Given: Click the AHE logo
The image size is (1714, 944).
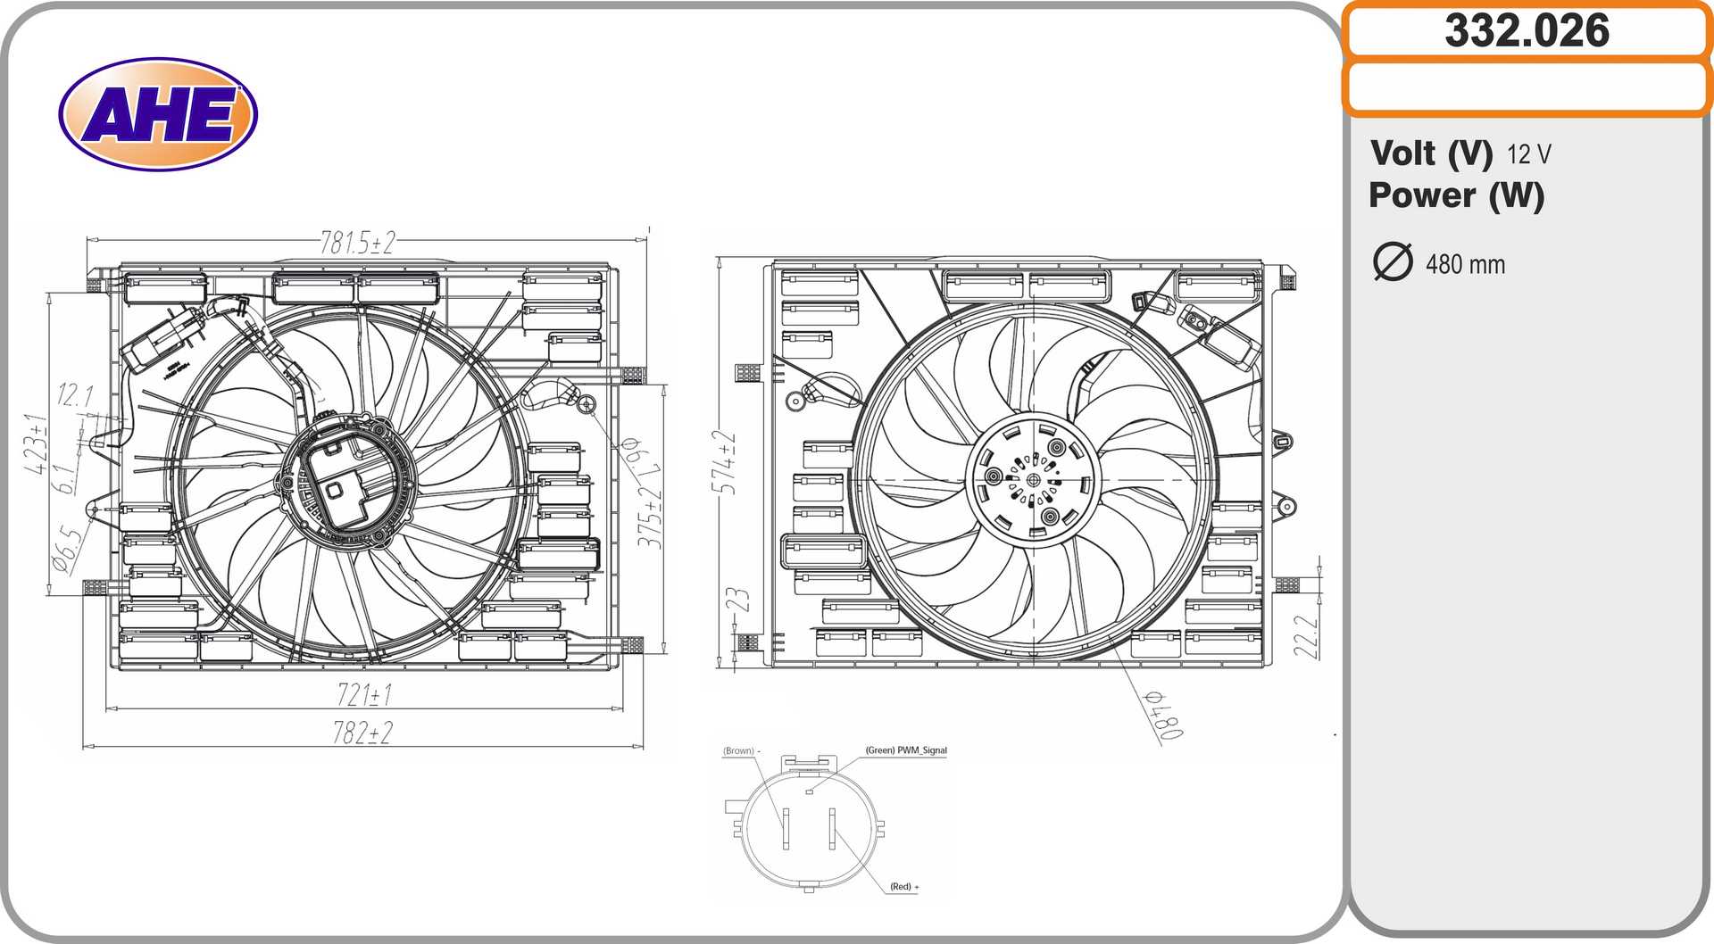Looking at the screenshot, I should pyautogui.click(x=158, y=114).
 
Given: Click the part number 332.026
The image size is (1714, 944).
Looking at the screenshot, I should pyautogui.click(x=1527, y=31).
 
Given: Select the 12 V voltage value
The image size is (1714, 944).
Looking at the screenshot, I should pyautogui.click(x=1529, y=154).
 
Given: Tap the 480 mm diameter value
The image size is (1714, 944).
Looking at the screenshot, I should pyautogui.click(x=1465, y=264).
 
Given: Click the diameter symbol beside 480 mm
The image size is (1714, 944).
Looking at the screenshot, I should pyautogui.click(x=1393, y=262).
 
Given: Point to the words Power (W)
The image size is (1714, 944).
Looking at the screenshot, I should pyautogui.click(x=1456, y=195).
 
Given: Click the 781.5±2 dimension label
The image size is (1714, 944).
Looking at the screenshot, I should pyautogui.click(x=358, y=243).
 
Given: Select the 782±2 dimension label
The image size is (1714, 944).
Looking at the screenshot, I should pyautogui.click(x=362, y=733).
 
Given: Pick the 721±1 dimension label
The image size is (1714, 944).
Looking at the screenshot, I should pyautogui.click(x=364, y=694).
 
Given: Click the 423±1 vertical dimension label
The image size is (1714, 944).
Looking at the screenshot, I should pyautogui.click(x=37, y=443).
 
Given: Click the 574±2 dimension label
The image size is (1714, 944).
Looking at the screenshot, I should pyautogui.click(x=725, y=462).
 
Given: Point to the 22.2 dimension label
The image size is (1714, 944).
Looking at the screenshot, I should pyautogui.click(x=1306, y=636).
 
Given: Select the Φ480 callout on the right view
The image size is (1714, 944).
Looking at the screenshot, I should pyautogui.click(x=1165, y=715).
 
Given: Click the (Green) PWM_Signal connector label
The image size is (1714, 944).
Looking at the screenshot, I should pyautogui.click(x=905, y=750).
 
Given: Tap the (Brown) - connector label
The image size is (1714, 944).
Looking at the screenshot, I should pyautogui.click(x=741, y=751).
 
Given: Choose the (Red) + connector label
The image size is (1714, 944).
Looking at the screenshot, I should pyautogui.click(x=903, y=886).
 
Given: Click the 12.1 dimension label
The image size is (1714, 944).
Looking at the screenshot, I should pyautogui.click(x=75, y=394).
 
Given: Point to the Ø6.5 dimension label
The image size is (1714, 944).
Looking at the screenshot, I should pyautogui.click(x=67, y=548).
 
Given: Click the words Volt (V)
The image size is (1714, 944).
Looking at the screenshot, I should pyautogui.click(x=1431, y=153).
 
